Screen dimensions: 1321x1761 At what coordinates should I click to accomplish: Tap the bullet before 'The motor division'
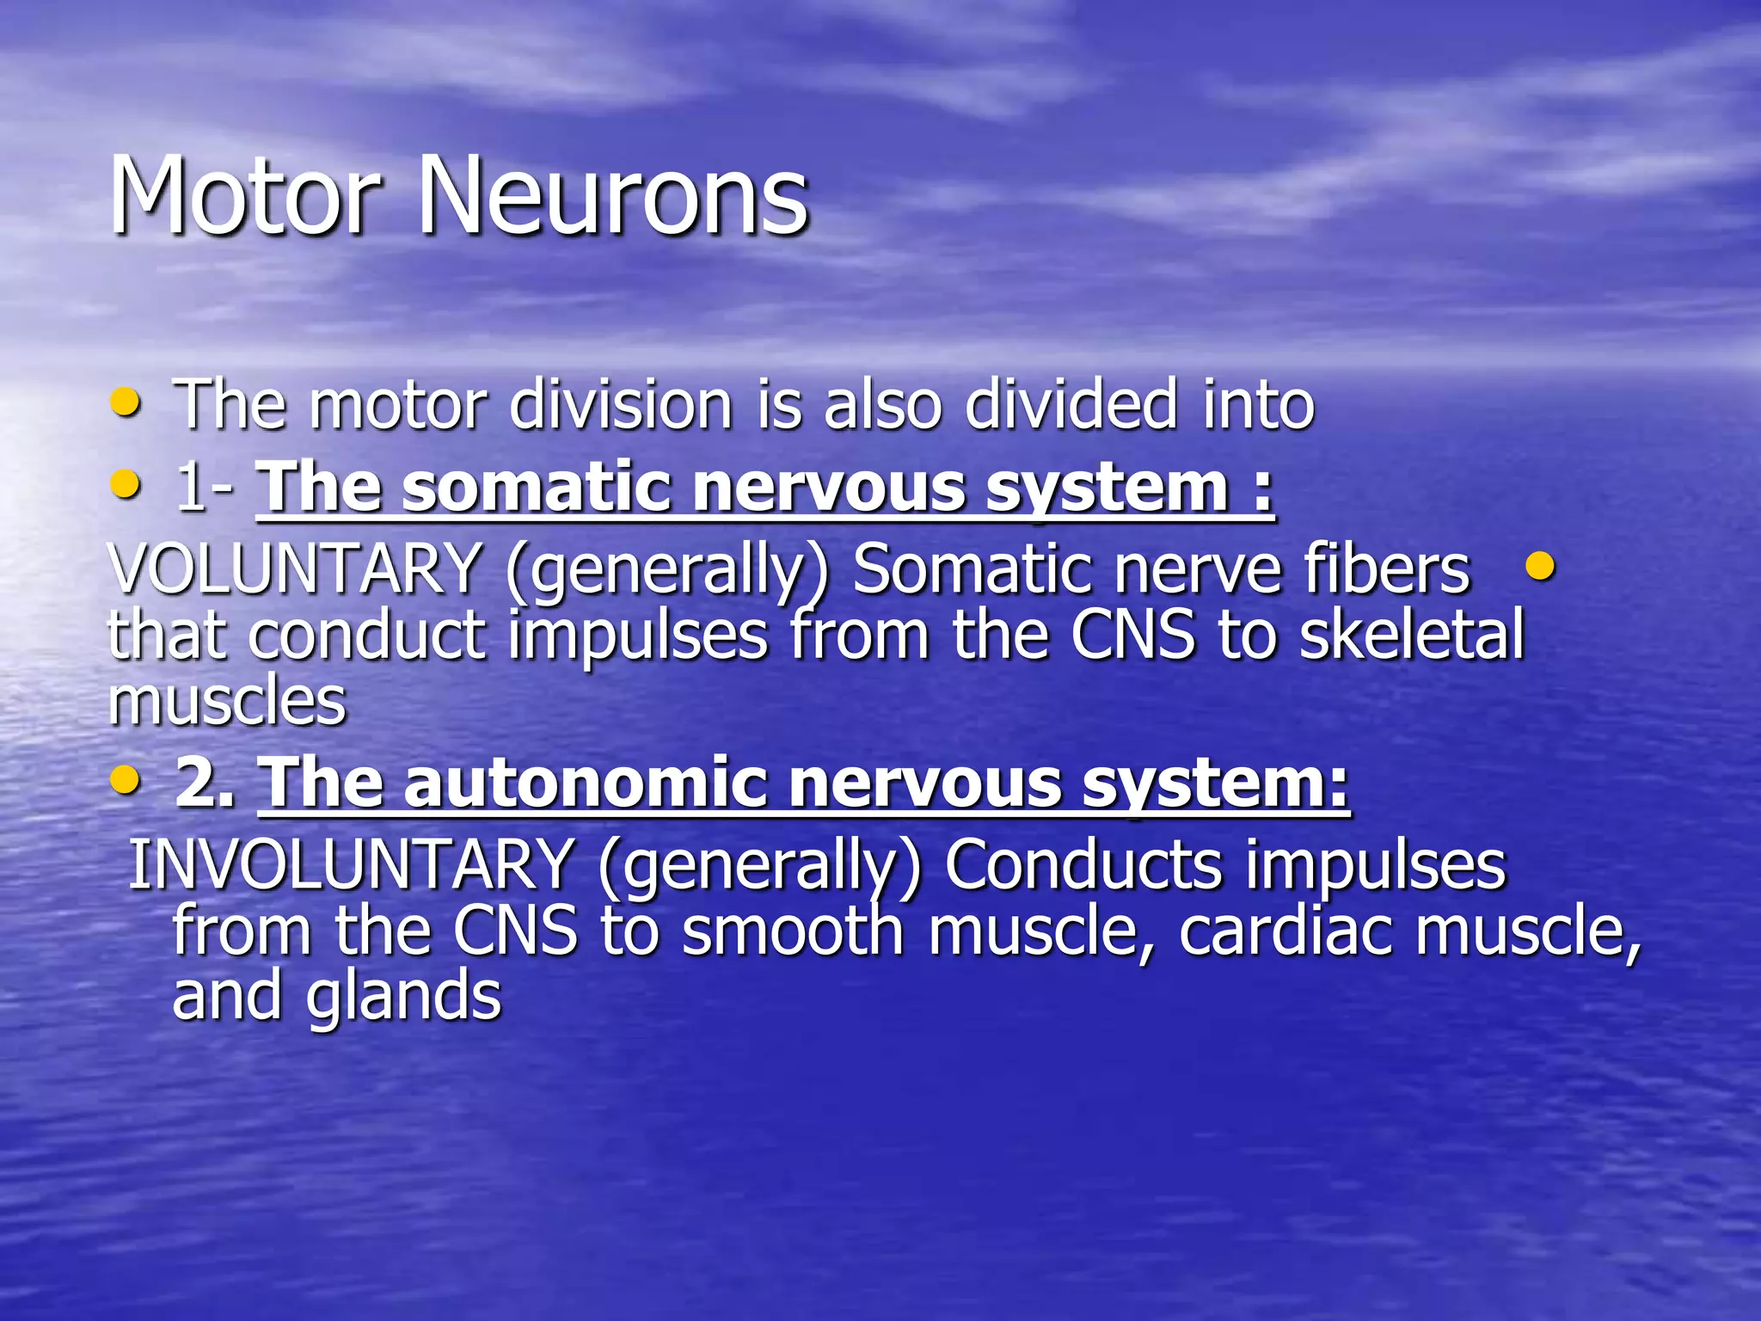tap(126, 402)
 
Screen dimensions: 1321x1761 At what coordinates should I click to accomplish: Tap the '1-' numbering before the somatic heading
tap(204, 488)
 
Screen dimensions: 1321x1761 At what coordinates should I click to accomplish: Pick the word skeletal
tap(1411, 635)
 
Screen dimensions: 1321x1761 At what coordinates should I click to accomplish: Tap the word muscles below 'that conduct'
tap(227, 701)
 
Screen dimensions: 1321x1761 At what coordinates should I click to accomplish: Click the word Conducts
tap(1083, 864)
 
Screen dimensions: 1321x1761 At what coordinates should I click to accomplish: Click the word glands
tap(403, 997)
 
